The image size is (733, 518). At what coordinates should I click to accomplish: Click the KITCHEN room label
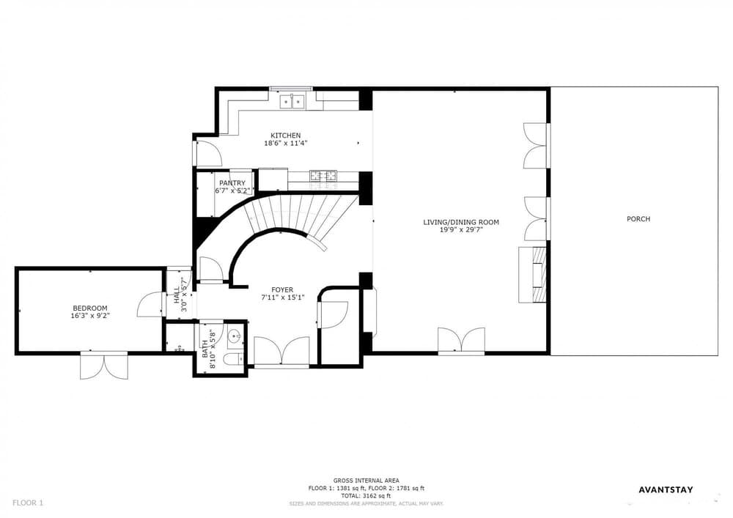[286, 136]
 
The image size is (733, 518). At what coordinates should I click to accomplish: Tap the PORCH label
[638, 218]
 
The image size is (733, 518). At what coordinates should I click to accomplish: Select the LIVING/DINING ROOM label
[461, 222]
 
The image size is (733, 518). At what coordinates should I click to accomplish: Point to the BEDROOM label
[90, 308]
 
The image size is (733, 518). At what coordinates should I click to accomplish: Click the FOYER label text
[282, 290]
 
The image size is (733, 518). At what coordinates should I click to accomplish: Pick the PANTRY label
[232, 183]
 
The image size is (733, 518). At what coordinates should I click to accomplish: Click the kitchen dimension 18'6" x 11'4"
[286, 144]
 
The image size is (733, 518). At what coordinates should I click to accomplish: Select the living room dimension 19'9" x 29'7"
[461, 230]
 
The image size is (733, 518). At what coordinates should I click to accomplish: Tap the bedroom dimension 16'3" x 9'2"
[90, 316]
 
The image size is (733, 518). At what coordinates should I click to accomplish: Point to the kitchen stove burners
[323, 176]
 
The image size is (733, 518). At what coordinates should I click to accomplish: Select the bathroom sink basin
[235, 334]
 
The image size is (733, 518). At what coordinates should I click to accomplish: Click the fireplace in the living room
[534, 275]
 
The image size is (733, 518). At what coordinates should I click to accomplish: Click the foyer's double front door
[281, 351]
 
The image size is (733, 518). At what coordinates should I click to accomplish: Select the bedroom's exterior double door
[104, 366]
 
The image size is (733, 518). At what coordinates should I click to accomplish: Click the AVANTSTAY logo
[666, 489]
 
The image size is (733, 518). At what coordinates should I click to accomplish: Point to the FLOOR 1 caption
[28, 503]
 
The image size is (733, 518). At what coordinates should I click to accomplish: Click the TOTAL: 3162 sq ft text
[366, 496]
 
